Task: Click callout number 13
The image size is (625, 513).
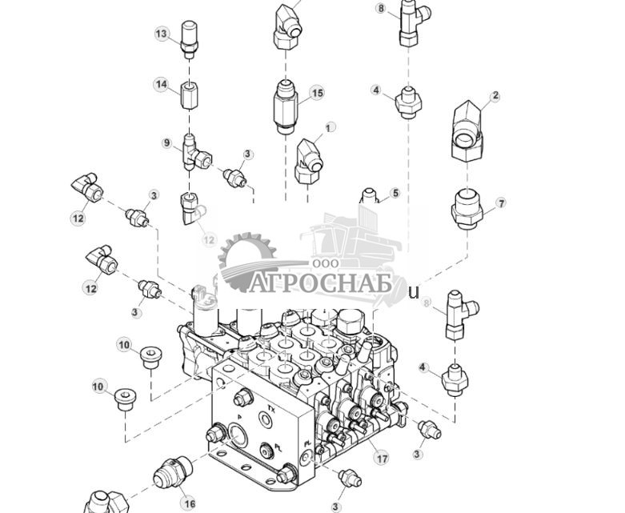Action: click(162, 34)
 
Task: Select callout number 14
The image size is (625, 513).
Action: click(162, 84)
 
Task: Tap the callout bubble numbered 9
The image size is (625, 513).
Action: click(167, 143)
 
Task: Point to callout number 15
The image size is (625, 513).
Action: click(318, 94)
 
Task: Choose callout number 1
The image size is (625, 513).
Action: click(328, 128)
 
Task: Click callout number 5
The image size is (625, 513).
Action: click(395, 194)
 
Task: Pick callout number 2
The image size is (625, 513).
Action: click(495, 96)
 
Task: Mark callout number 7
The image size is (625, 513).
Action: click(502, 203)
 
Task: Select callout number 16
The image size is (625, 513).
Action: click(189, 503)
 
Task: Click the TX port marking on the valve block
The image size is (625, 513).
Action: click(271, 407)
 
